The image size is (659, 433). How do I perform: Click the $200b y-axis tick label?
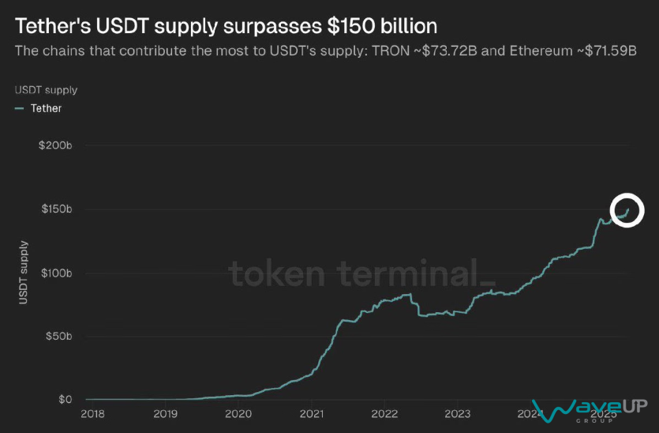pyautogui.click(x=55, y=146)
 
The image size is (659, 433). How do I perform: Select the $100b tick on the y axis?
pyautogui.click(x=55, y=273)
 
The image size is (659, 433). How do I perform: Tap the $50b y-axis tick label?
pyautogui.click(x=58, y=337)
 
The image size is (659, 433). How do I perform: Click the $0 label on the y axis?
pyautogui.click(x=65, y=400)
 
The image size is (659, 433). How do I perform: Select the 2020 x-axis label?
pyautogui.click(x=238, y=413)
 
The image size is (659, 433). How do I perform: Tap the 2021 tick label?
pyautogui.click(x=312, y=413)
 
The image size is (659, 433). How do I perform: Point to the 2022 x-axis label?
pyautogui.click(x=384, y=413)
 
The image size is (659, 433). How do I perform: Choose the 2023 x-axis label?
pyautogui.click(x=458, y=413)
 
